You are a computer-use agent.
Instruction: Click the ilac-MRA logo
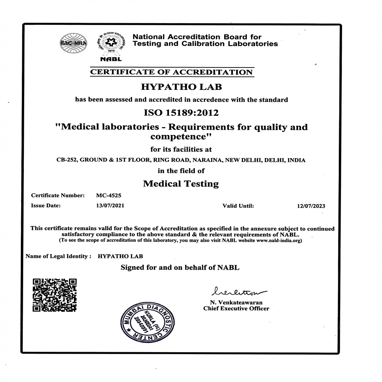coord(73,44)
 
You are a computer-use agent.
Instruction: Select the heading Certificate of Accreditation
coord(172,72)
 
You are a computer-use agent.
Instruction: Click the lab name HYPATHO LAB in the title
coord(181,87)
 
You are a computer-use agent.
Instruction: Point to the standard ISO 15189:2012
coord(181,112)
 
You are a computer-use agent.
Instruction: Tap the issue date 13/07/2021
coord(110,206)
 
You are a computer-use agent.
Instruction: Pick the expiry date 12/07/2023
coord(311,206)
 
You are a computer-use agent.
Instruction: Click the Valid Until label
coord(238,206)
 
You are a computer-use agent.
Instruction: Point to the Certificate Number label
coord(58,195)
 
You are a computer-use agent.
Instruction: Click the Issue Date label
coord(46,206)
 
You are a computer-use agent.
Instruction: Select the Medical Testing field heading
coord(181,184)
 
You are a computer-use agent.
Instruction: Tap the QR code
coord(54,295)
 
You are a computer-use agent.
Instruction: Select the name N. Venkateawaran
coord(236,303)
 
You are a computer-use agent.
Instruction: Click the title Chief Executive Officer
coord(236,309)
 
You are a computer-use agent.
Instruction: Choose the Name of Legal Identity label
coord(58,256)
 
